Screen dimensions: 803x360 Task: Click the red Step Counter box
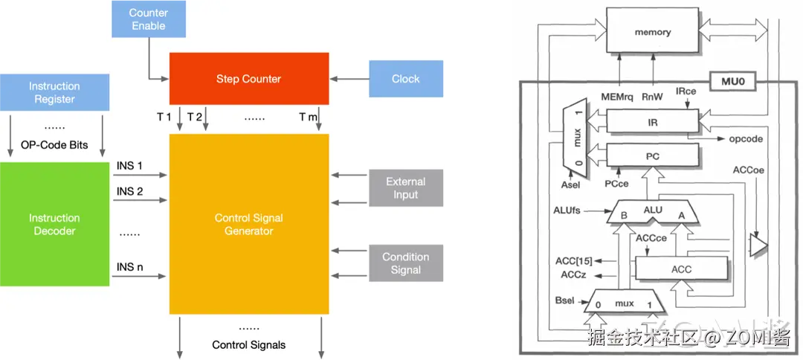click(249, 78)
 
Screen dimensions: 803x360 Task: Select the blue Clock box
click(406, 78)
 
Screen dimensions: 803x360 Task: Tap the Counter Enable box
click(148, 19)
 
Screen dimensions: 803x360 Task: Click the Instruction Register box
click(54, 92)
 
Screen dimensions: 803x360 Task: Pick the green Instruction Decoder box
click(54, 225)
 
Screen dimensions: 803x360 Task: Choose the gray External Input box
click(406, 188)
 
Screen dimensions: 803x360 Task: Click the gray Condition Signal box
click(406, 263)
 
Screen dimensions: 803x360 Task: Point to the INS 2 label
click(130, 191)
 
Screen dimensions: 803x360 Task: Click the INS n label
click(130, 267)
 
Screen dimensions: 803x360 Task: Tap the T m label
click(309, 118)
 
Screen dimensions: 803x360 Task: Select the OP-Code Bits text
click(54, 145)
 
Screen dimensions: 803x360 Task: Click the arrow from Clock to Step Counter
click(349, 79)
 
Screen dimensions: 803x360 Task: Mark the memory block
click(652, 32)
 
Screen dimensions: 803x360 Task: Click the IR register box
click(652, 123)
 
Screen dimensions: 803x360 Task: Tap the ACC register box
click(681, 269)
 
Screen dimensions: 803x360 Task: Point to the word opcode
click(745, 139)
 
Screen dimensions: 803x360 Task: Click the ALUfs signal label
click(567, 210)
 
